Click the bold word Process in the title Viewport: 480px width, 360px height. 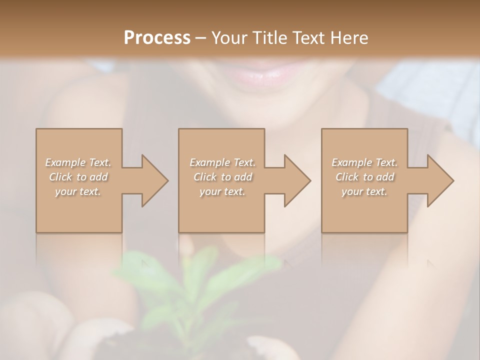click(x=157, y=37)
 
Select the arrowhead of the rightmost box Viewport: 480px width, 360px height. click(x=439, y=180)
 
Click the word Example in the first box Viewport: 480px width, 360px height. click(x=65, y=162)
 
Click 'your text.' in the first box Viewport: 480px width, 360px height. click(x=78, y=191)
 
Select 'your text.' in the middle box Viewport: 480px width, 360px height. click(x=222, y=191)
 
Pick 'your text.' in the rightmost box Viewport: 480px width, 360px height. click(x=364, y=191)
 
